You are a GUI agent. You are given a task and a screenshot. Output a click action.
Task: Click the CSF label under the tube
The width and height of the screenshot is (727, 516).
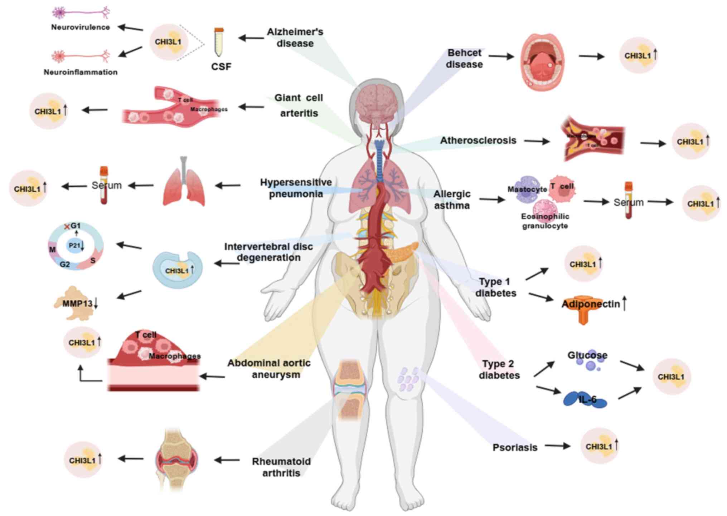click(x=221, y=67)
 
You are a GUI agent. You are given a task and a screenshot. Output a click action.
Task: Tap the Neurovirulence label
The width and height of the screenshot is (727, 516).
click(x=80, y=27)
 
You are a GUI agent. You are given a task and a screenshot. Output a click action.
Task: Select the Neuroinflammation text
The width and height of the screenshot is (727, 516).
click(x=81, y=72)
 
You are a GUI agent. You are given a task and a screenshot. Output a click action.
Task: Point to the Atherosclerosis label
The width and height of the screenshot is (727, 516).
click(x=478, y=141)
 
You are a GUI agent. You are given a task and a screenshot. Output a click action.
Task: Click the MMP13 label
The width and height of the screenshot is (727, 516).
click(x=77, y=304)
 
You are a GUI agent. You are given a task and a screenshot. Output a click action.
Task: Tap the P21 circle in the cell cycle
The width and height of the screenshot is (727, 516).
click(x=75, y=246)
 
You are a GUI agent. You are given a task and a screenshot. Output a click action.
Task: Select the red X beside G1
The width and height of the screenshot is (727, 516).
click(x=67, y=227)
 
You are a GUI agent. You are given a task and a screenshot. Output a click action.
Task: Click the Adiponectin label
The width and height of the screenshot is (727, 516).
click(x=591, y=304)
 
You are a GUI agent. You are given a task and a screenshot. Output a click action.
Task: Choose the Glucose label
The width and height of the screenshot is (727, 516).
click(x=587, y=355)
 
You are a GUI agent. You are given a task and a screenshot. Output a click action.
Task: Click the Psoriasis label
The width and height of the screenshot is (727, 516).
click(x=515, y=448)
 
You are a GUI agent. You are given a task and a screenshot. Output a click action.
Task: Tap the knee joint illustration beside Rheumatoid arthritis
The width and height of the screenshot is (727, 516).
click(x=176, y=459)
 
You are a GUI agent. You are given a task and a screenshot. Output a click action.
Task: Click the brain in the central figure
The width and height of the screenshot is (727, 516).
click(x=377, y=103)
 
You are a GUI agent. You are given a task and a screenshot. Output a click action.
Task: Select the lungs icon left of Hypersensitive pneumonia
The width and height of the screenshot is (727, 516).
click(x=184, y=184)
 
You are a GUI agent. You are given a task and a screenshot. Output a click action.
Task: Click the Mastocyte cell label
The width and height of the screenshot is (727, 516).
click(x=527, y=189)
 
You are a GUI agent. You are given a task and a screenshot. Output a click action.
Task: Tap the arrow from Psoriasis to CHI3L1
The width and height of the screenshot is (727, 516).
click(x=557, y=446)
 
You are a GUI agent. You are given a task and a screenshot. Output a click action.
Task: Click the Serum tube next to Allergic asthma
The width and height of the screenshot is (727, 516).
click(x=629, y=201)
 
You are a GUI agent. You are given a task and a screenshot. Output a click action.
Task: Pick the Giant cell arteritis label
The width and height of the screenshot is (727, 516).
click(x=299, y=105)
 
